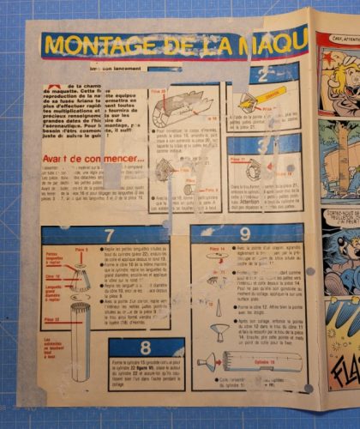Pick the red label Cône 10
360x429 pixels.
pyautogui.click(x=52, y=276)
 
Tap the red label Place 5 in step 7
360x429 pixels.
pyautogui.click(x=82, y=249)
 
